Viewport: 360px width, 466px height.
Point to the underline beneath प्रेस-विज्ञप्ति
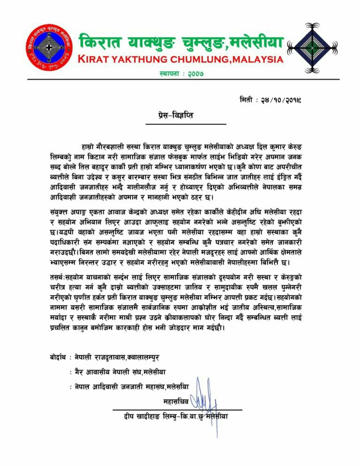pyautogui.click(x=186, y=124)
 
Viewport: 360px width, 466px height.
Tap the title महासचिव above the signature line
pyautogui.click(x=175, y=402)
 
